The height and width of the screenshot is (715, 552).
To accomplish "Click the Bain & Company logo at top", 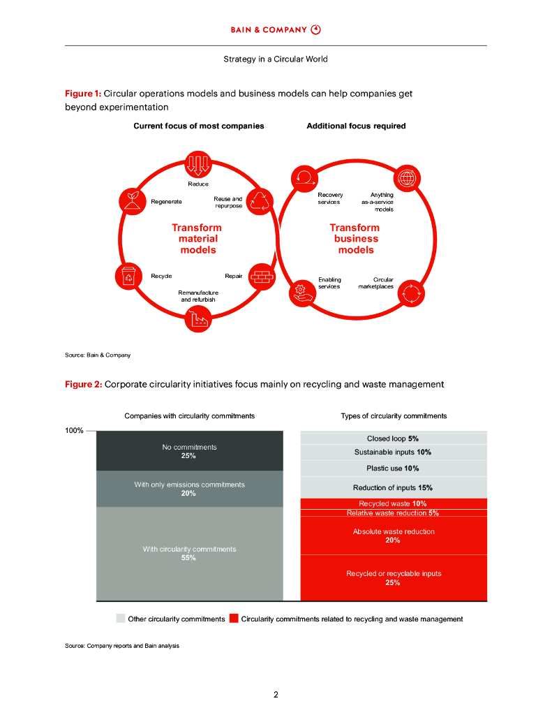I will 276,29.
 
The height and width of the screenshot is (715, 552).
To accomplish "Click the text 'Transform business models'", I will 355,239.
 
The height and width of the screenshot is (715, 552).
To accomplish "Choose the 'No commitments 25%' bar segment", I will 189,451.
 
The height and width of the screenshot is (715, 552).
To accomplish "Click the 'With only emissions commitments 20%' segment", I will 189,489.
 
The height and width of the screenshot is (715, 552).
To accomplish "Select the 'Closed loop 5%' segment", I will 393,438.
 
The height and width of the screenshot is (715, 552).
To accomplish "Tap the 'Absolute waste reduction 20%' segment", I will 393,536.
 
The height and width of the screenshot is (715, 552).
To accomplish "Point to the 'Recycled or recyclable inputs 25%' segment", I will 393,577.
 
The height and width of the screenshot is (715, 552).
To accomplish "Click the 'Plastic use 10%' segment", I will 393,469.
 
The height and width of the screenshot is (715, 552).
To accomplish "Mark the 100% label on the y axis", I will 74,431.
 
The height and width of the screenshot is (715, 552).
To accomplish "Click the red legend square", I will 234,619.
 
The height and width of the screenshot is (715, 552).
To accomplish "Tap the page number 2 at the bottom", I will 276,695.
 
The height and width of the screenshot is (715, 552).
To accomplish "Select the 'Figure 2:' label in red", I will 83,384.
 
